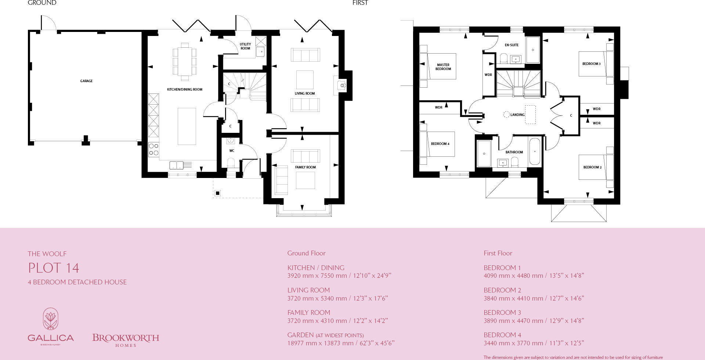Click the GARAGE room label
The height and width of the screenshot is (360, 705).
pos(86,81)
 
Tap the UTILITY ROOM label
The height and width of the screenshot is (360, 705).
pos(245,46)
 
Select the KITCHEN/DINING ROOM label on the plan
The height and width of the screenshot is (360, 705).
pos(185,90)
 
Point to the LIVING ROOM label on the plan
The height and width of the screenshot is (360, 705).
pos(305,94)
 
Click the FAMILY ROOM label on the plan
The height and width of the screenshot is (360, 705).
pos(305,167)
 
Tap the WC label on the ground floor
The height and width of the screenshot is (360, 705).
pos(232,151)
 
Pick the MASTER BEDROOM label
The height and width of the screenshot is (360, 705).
pos(443,67)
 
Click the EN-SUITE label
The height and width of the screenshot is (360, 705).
pos(511,45)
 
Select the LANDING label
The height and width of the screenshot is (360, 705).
pos(517,115)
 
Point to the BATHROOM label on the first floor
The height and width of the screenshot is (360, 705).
pos(514,152)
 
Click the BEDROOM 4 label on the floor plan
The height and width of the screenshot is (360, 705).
pos(440,144)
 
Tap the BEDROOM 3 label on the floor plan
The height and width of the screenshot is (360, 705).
pos(591,64)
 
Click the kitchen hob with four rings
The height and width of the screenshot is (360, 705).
pos(154,149)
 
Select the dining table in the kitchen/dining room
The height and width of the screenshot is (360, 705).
pos(185,62)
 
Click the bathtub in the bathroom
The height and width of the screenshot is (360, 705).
pos(535,152)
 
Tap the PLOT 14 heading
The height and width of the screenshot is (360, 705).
pos(54,268)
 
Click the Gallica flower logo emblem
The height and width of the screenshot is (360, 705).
pos(51,319)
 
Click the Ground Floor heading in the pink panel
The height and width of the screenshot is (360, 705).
pos(306,253)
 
